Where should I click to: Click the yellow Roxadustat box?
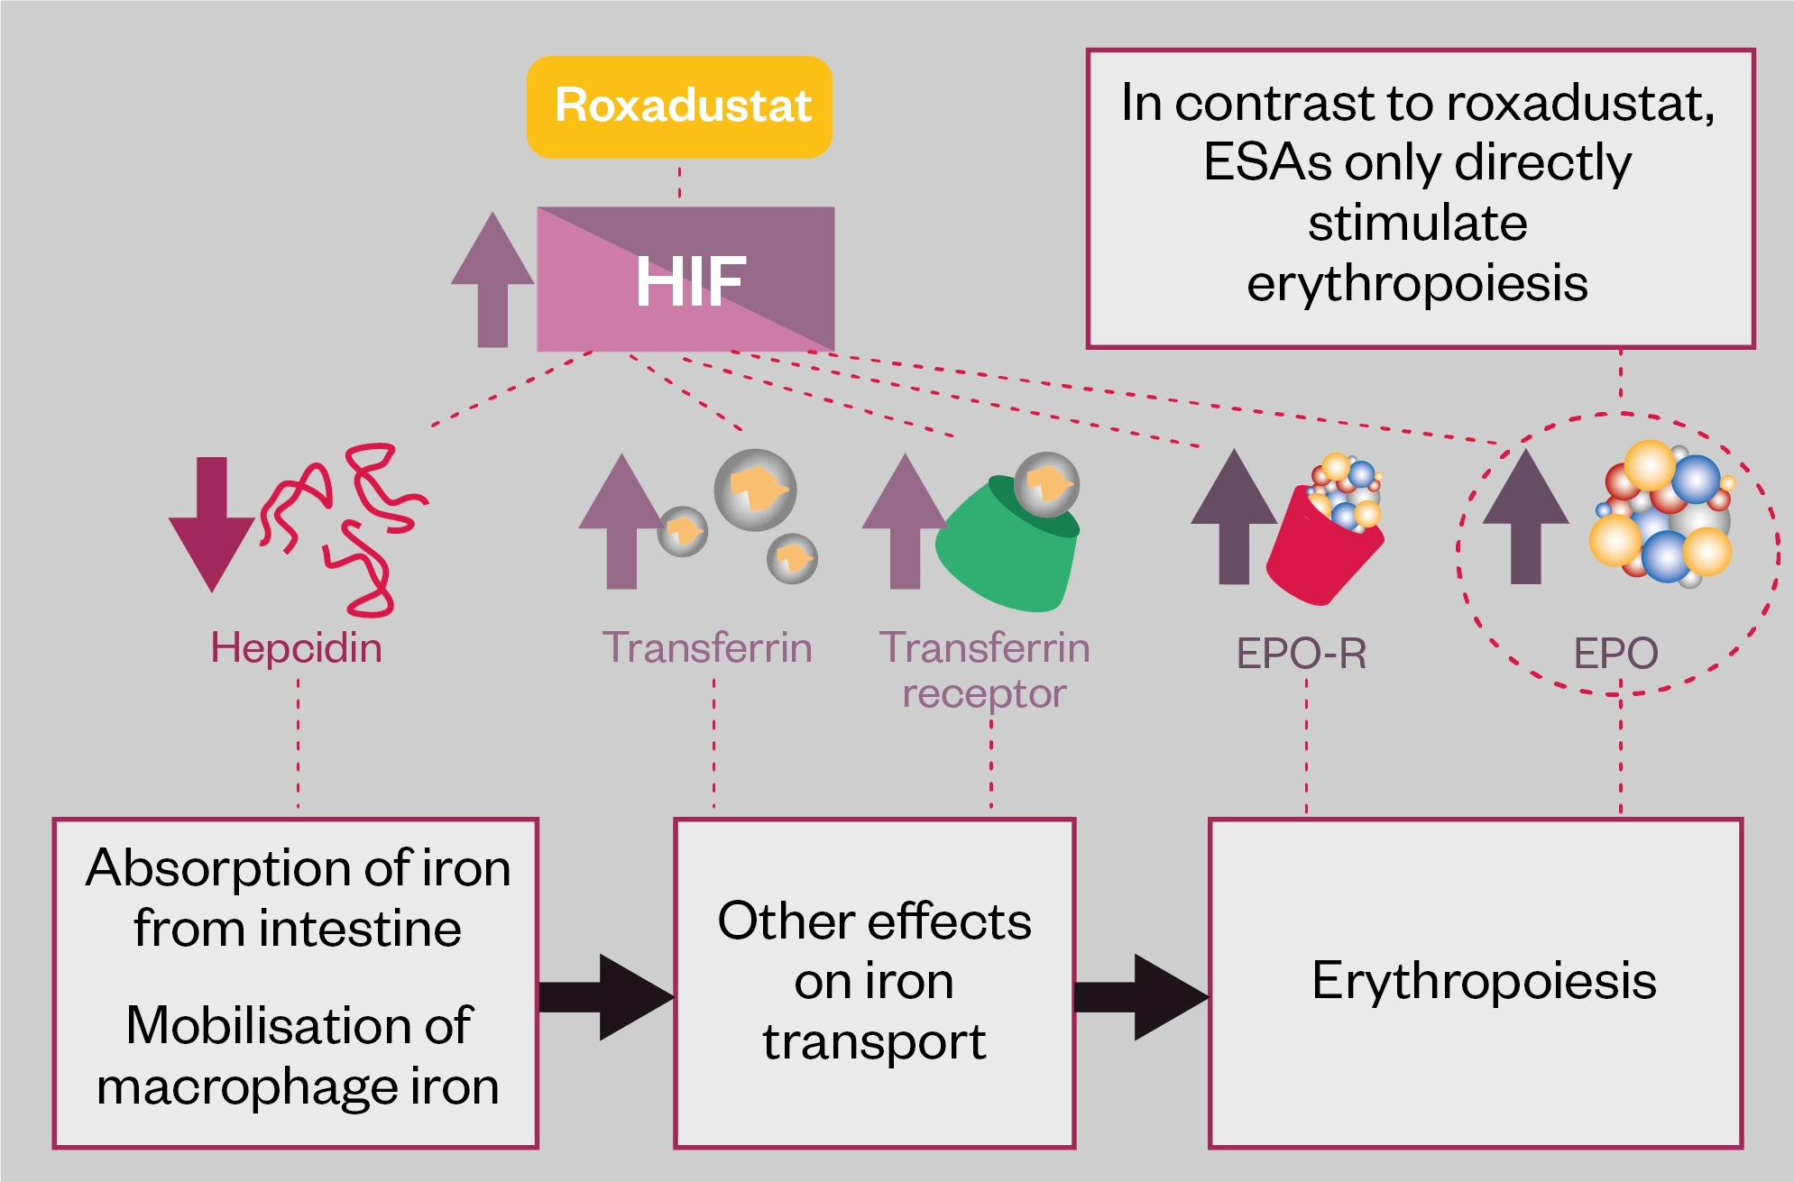coord(679,106)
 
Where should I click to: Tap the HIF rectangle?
coord(685,279)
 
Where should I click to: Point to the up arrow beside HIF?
coord(492,279)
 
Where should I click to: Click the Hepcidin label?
coord(296,648)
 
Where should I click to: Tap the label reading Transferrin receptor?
coord(984,670)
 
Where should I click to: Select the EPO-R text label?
coord(1301,654)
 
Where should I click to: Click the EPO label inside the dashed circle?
coord(1615,654)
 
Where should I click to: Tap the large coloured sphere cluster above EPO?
coord(1664,514)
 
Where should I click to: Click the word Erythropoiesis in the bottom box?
coord(1484,981)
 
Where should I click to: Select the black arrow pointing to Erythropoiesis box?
coord(1141,996)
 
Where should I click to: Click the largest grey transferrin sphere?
coord(755,490)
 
